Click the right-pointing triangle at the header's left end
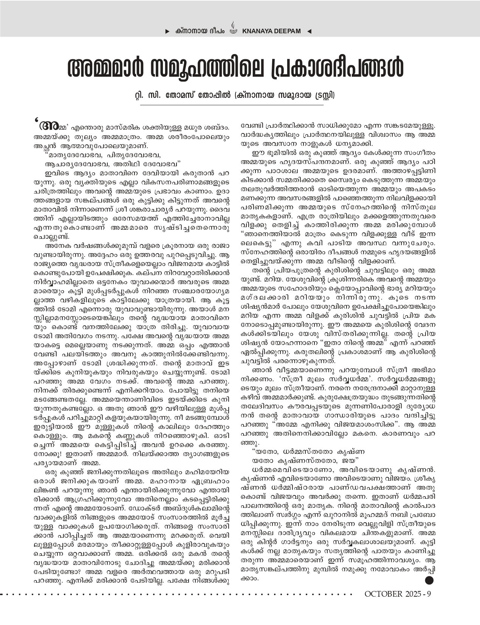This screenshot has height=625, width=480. click(x=167, y=31)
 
